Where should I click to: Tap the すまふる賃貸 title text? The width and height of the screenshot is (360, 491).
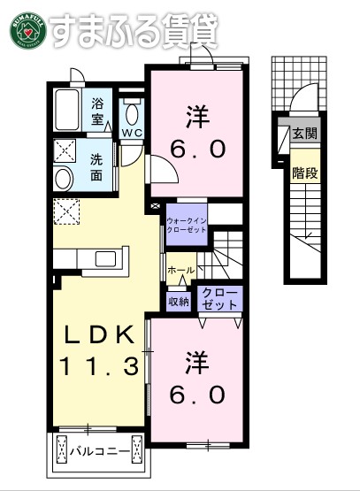133,29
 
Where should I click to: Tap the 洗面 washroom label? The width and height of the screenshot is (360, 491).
97,167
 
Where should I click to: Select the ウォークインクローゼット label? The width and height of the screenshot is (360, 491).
186,225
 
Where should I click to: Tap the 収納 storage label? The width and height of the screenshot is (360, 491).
179,302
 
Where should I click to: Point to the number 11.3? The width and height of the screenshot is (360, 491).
99,364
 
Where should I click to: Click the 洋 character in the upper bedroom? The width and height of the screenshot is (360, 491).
196,115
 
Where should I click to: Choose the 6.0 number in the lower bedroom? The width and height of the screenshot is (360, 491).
196,395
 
